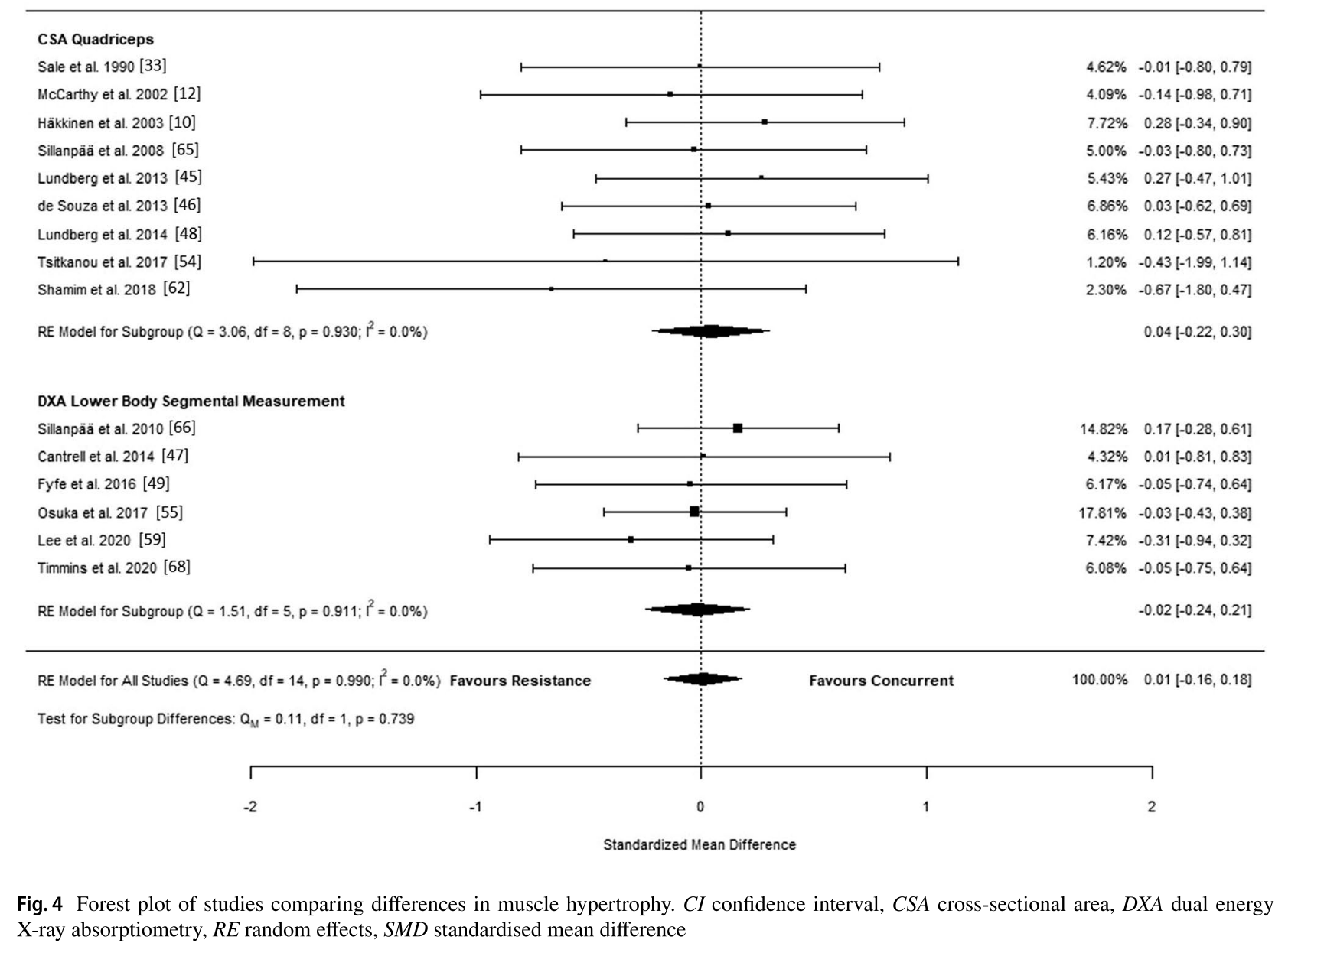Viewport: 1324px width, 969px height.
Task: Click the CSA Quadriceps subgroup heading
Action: [96, 40]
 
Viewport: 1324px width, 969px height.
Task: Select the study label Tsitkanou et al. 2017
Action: [119, 262]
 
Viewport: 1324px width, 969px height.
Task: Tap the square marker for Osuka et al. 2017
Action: [694, 512]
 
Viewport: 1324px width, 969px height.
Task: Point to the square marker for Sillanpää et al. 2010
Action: [738, 428]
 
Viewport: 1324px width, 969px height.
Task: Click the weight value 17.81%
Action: [1103, 512]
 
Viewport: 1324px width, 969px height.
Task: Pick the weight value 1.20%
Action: [1106, 262]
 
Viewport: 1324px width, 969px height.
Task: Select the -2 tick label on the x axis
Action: [249, 807]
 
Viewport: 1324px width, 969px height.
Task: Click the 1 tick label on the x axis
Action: [926, 807]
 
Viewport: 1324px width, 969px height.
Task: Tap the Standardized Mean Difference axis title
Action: [700, 845]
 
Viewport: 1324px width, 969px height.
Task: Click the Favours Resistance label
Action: [520, 681]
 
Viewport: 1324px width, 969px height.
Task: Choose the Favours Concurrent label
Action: [882, 681]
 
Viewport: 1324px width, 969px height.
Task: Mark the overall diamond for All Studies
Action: [702, 679]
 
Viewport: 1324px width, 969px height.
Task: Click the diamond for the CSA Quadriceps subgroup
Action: [710, 331]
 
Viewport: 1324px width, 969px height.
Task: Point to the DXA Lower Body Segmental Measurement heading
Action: [191, 402]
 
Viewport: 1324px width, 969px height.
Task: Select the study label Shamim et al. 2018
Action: [113, 289]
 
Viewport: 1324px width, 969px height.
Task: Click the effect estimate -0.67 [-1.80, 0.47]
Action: [1195, 290]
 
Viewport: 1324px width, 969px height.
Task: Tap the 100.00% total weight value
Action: [1100, 680]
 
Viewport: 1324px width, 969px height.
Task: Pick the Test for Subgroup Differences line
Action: [226, 719]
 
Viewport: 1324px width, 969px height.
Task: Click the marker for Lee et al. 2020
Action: [631, 540]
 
